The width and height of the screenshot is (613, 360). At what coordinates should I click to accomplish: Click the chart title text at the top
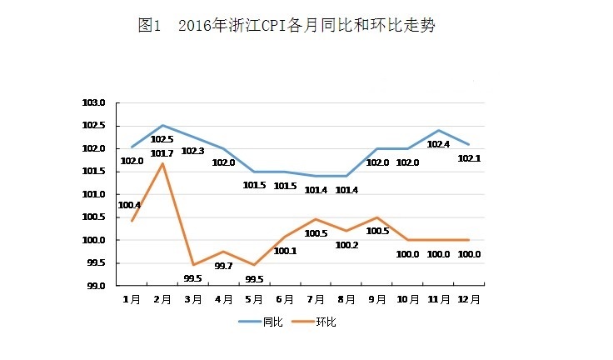click(287, 26)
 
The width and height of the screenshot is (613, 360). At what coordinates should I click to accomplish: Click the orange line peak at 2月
click(162, 163)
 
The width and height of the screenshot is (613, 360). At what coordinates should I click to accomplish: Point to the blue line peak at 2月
click(162, 125)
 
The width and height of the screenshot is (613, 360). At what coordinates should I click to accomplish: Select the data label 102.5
click(162, 139)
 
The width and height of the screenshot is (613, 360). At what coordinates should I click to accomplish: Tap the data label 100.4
click(129, 205)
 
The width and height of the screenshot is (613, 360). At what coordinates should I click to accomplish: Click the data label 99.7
click(223, 266)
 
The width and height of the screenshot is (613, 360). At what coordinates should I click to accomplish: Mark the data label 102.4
click(439, 144)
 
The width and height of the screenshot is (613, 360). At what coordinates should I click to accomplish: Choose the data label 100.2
click(346, 245)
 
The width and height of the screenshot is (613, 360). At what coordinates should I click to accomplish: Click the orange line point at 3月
click(193, 265)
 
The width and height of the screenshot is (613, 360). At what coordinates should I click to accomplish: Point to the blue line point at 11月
click(439, 130)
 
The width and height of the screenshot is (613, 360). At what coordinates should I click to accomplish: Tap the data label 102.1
click(470, 158)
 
